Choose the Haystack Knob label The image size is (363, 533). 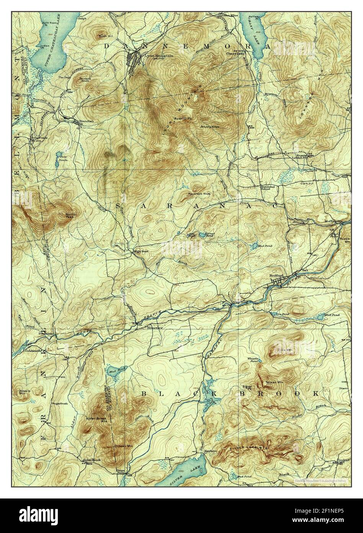tap(199, 194)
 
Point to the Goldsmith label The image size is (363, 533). tap(32, 350)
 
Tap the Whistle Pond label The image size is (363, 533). tap(254, 360)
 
